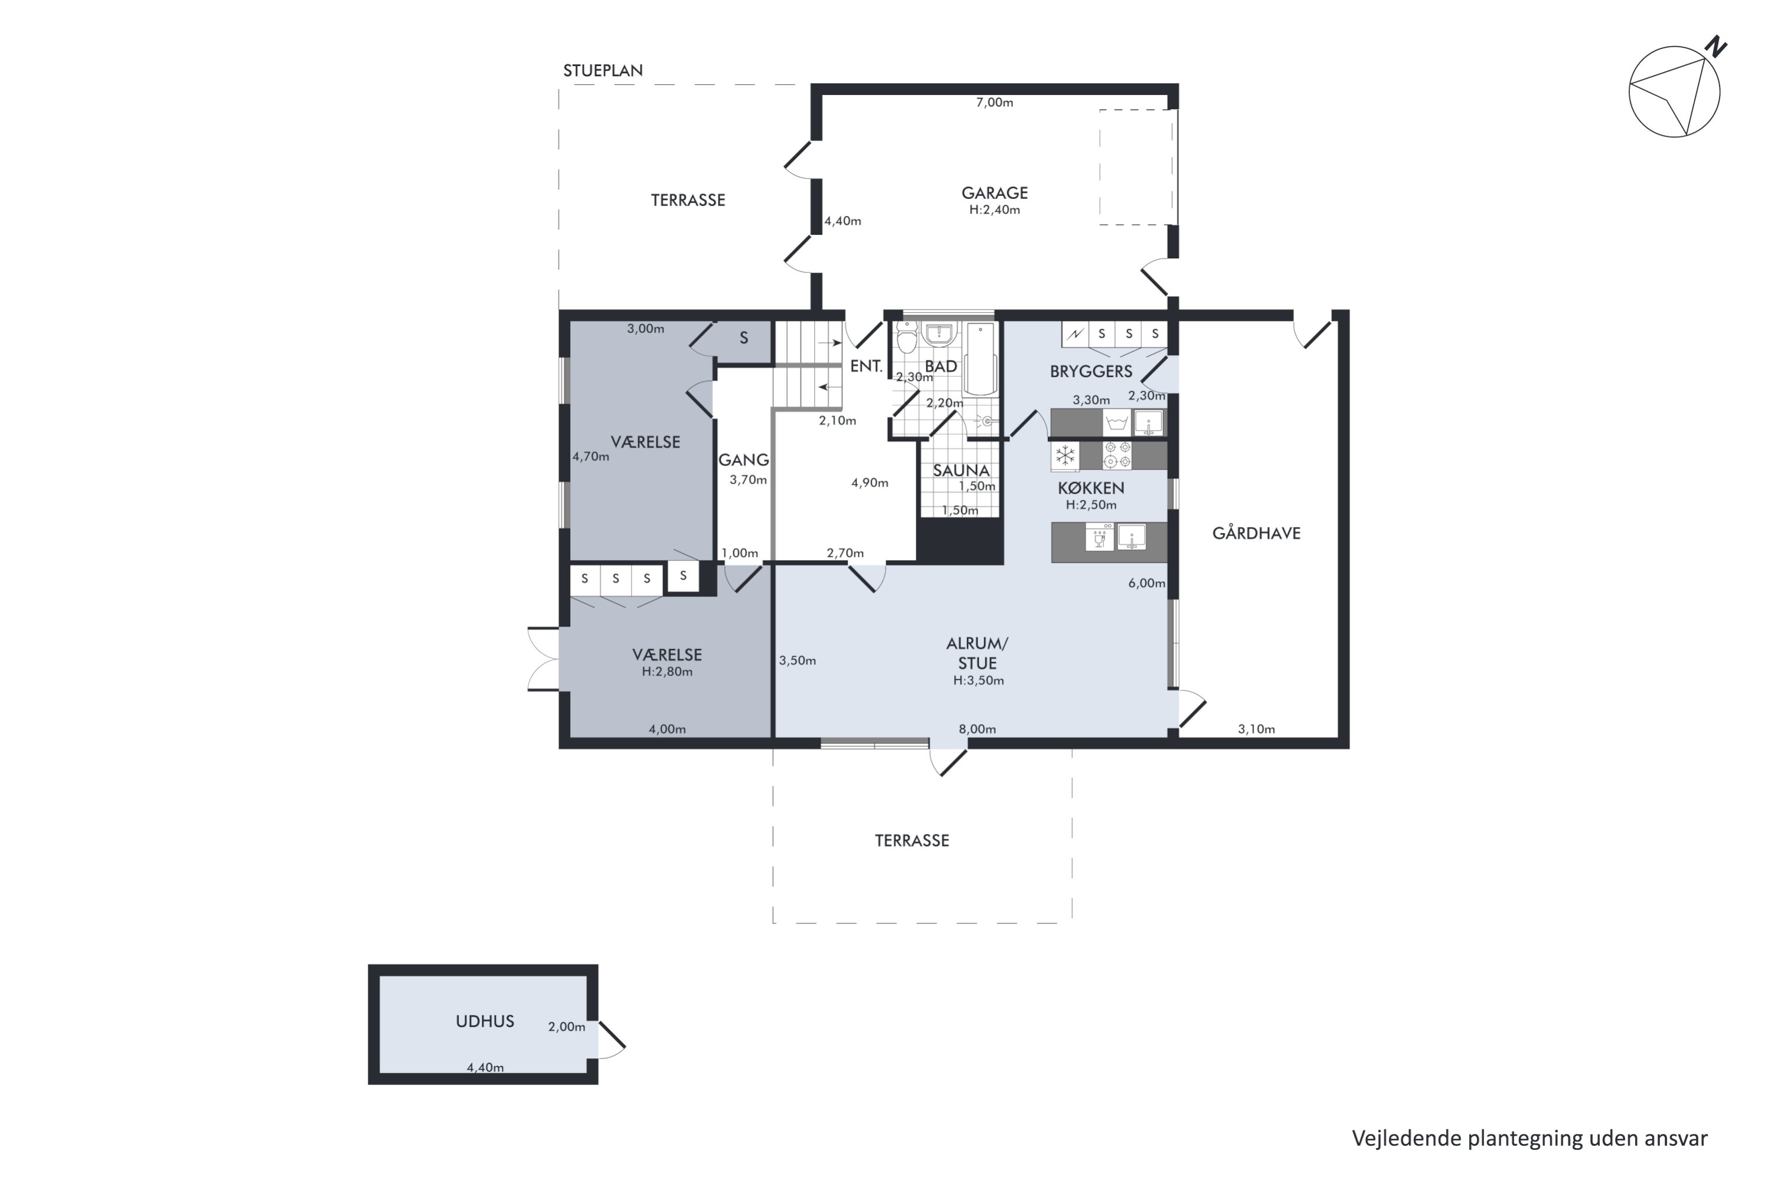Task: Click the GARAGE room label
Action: coord(994,193)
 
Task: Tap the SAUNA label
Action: coord(961,470)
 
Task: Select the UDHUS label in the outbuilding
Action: coord(485,1021)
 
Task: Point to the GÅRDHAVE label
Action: coord(1256,533)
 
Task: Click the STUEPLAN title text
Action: coord(603,71)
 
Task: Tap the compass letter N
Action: coord(1716,47)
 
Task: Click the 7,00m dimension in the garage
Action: coord(995,102)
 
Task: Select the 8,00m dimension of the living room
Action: coord(978,729)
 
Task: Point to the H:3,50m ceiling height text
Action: coord(978,680)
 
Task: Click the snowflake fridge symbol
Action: coord(1065,455)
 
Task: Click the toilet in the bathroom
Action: coord(907,338)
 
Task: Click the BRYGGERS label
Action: coord(1091,371)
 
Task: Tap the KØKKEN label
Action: coord(1091,488)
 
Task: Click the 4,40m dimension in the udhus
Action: coord(485,1067)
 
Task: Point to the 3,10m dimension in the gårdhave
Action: coord(1256,729)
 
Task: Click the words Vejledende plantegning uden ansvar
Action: coord(1530,1139)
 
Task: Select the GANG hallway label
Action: coord(743,460)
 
